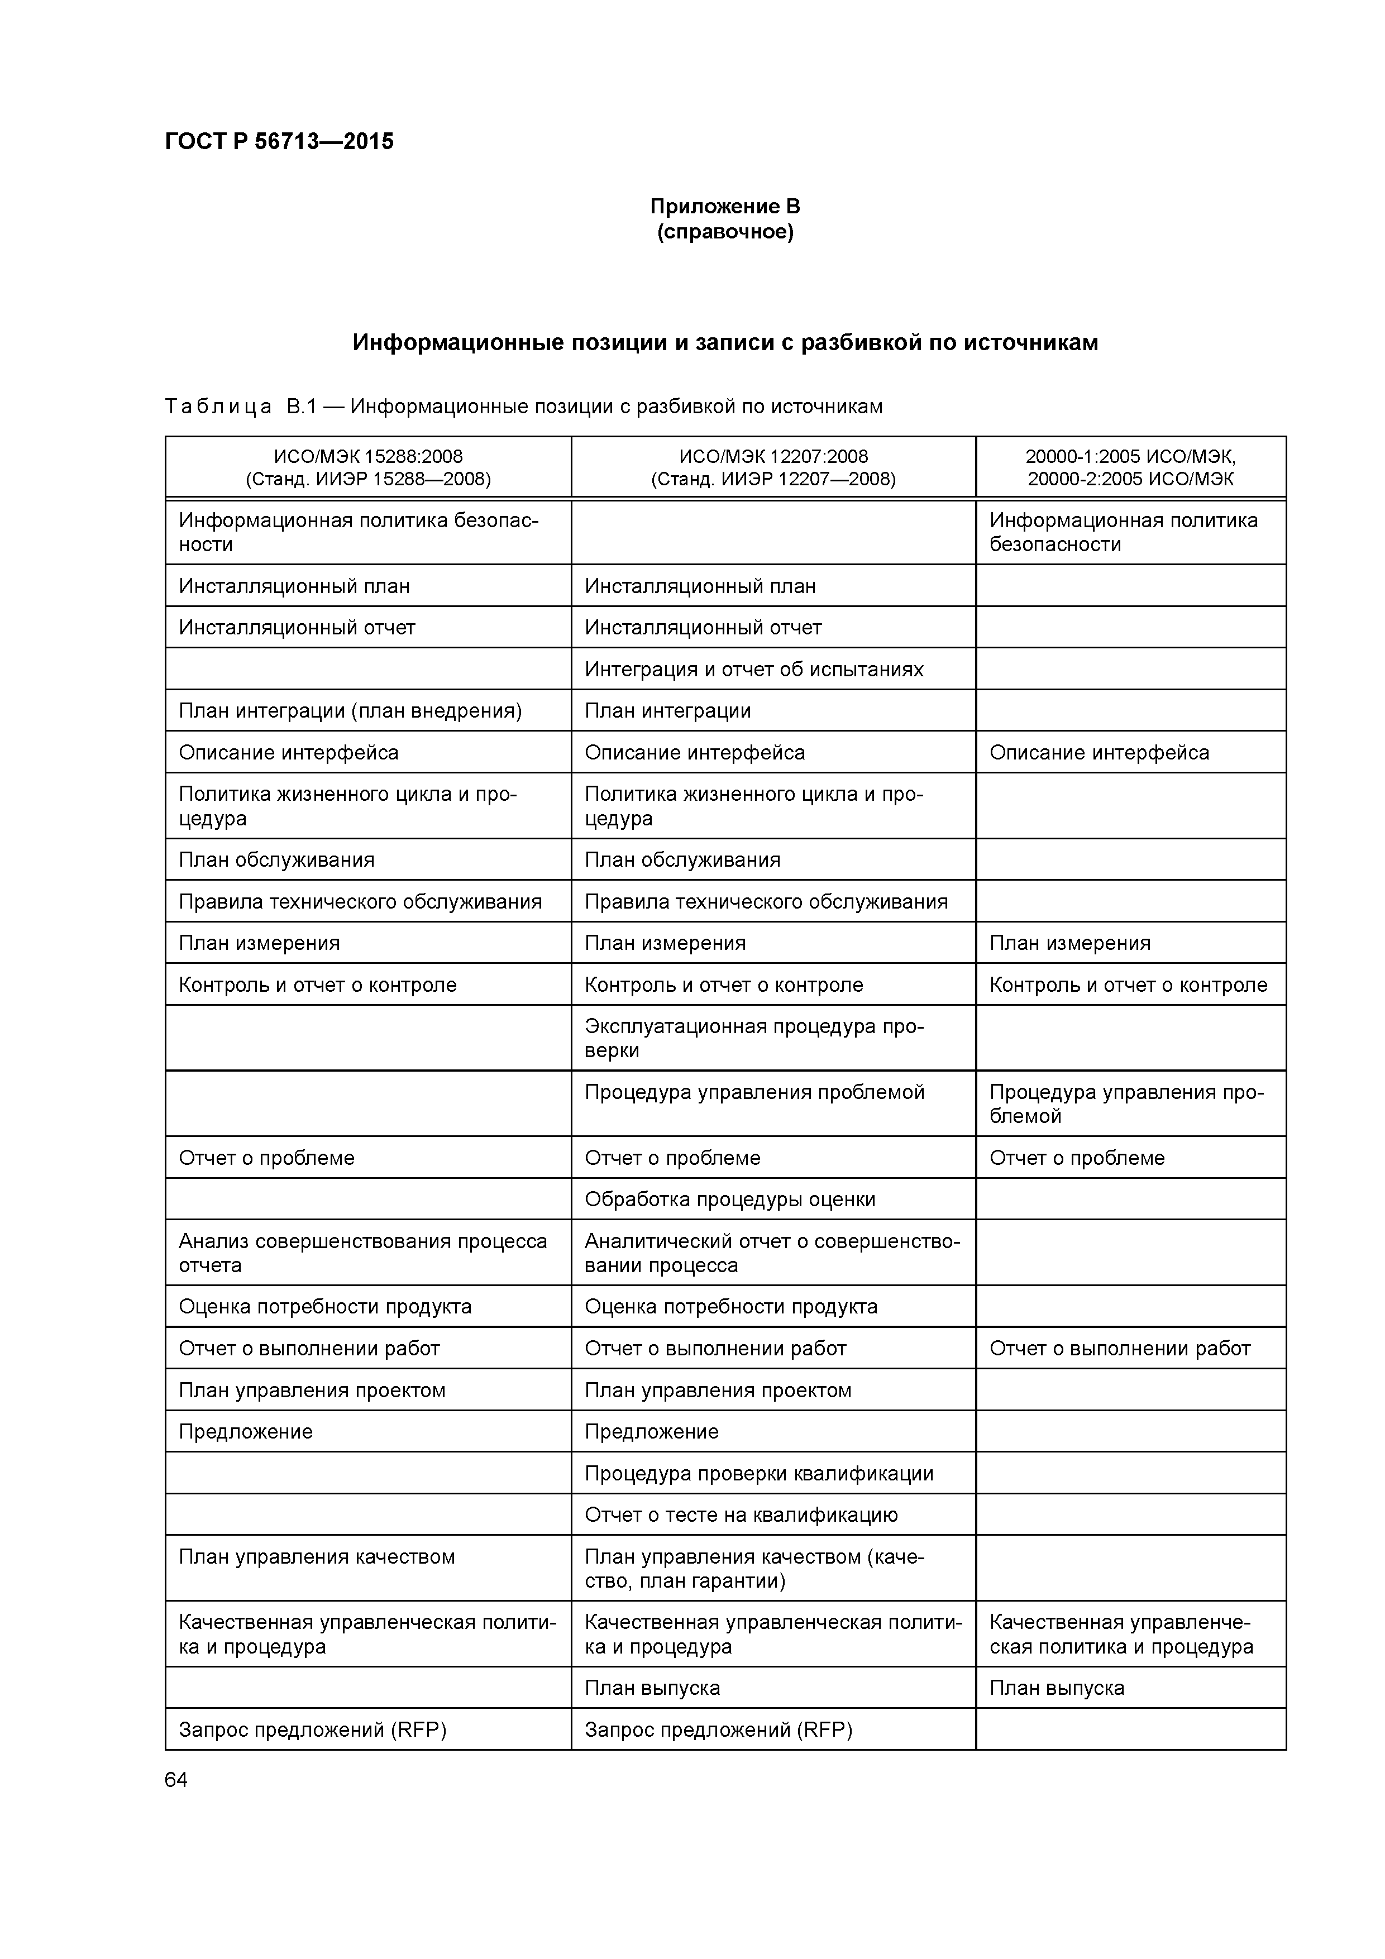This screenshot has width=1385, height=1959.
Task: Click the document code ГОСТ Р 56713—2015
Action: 279,142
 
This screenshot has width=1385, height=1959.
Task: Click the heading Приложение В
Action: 724,207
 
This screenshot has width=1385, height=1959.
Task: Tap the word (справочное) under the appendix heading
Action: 724,232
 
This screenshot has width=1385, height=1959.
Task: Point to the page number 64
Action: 176,1779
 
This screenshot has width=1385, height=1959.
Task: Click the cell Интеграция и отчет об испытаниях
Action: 753,669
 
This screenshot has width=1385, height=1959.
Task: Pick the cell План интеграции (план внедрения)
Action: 350,711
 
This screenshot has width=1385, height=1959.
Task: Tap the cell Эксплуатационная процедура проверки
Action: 753,1038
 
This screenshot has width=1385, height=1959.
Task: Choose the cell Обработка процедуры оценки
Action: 729,1200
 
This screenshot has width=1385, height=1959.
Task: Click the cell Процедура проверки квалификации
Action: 758,1474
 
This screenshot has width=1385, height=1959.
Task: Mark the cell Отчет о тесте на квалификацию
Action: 741,1516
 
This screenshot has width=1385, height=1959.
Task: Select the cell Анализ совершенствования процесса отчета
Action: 362,1253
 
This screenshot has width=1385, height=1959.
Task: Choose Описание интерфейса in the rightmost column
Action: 1099,753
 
